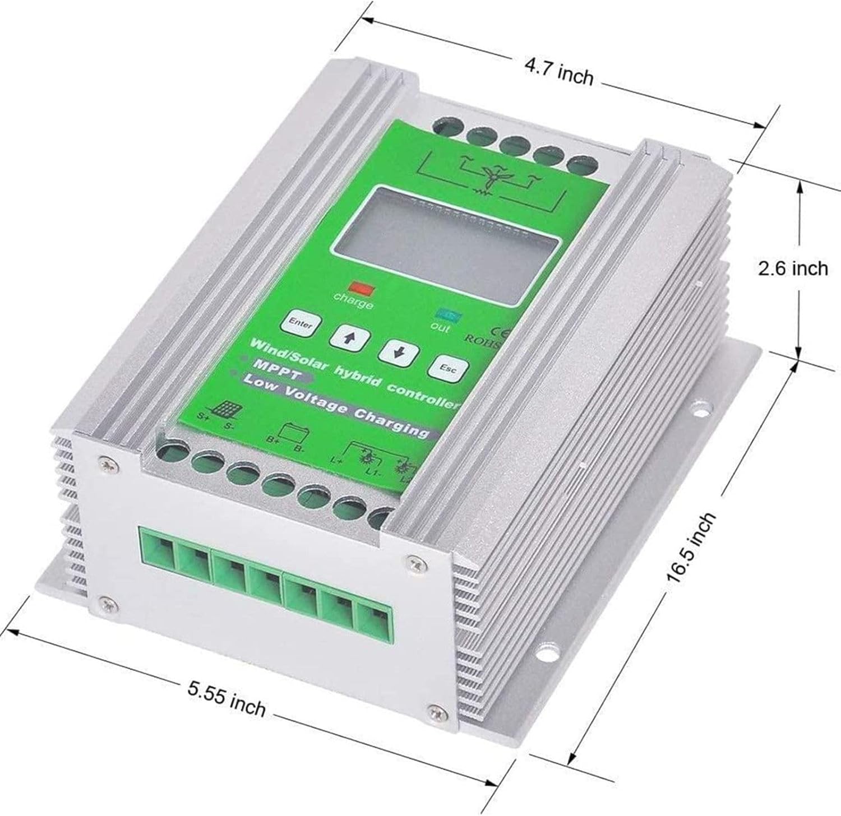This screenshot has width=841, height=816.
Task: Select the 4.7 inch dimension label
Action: (558, 73)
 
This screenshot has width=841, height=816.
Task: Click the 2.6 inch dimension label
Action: (792, 268)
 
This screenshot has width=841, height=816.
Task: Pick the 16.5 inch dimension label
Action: (691, 548)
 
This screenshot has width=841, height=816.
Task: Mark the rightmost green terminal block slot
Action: (376, 623)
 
